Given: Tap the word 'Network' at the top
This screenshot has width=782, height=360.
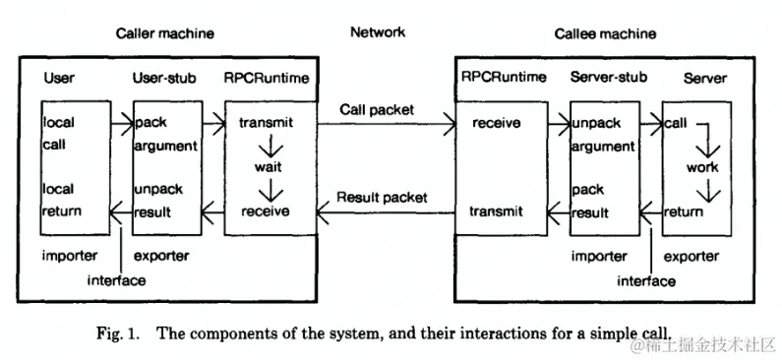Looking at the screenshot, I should point(377,32).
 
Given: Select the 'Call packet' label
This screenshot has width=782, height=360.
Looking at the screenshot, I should point(377,108).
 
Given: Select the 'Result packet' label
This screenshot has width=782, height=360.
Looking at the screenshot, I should point(382,197).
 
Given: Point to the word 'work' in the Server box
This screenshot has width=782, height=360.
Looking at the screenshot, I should point(702,167).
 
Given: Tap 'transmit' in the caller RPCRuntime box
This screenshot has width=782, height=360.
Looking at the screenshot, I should point(265,123).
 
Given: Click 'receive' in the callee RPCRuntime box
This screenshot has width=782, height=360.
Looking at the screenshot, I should point(497,123).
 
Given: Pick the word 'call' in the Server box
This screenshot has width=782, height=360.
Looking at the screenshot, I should point(676,123).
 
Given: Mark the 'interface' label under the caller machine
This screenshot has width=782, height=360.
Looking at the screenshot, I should point(117,280).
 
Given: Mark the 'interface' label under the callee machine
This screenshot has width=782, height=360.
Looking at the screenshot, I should point(646,280).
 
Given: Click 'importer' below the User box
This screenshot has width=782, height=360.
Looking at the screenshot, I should point(69,256).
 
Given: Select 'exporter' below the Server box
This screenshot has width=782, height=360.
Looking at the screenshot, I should point(694,256).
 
